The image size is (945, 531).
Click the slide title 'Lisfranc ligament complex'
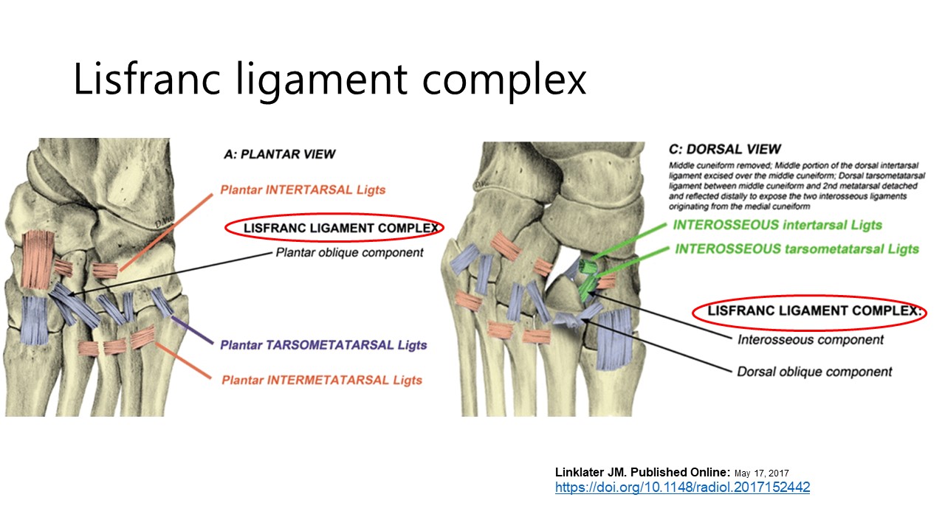(x=329, y=80)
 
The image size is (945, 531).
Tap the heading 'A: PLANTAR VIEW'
(x=279, y=154)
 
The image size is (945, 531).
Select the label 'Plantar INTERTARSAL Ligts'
(x=303, y=190)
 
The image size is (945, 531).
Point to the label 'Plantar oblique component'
(x=349, y=253)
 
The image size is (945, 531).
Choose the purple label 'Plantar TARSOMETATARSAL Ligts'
(x=323, y=344)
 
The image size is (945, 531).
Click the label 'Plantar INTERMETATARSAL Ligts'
(x=322, y=380)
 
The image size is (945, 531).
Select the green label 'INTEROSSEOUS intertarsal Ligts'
(x=777, y=225)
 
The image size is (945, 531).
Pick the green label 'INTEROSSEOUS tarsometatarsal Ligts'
(x=797, y=249)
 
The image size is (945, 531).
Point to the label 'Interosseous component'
(x=811, y=340)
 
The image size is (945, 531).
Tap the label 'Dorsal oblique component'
(x=814, y=372)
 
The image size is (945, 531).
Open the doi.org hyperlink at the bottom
(x=682, y=487)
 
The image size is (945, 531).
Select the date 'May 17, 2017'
(x=761, y=473)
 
